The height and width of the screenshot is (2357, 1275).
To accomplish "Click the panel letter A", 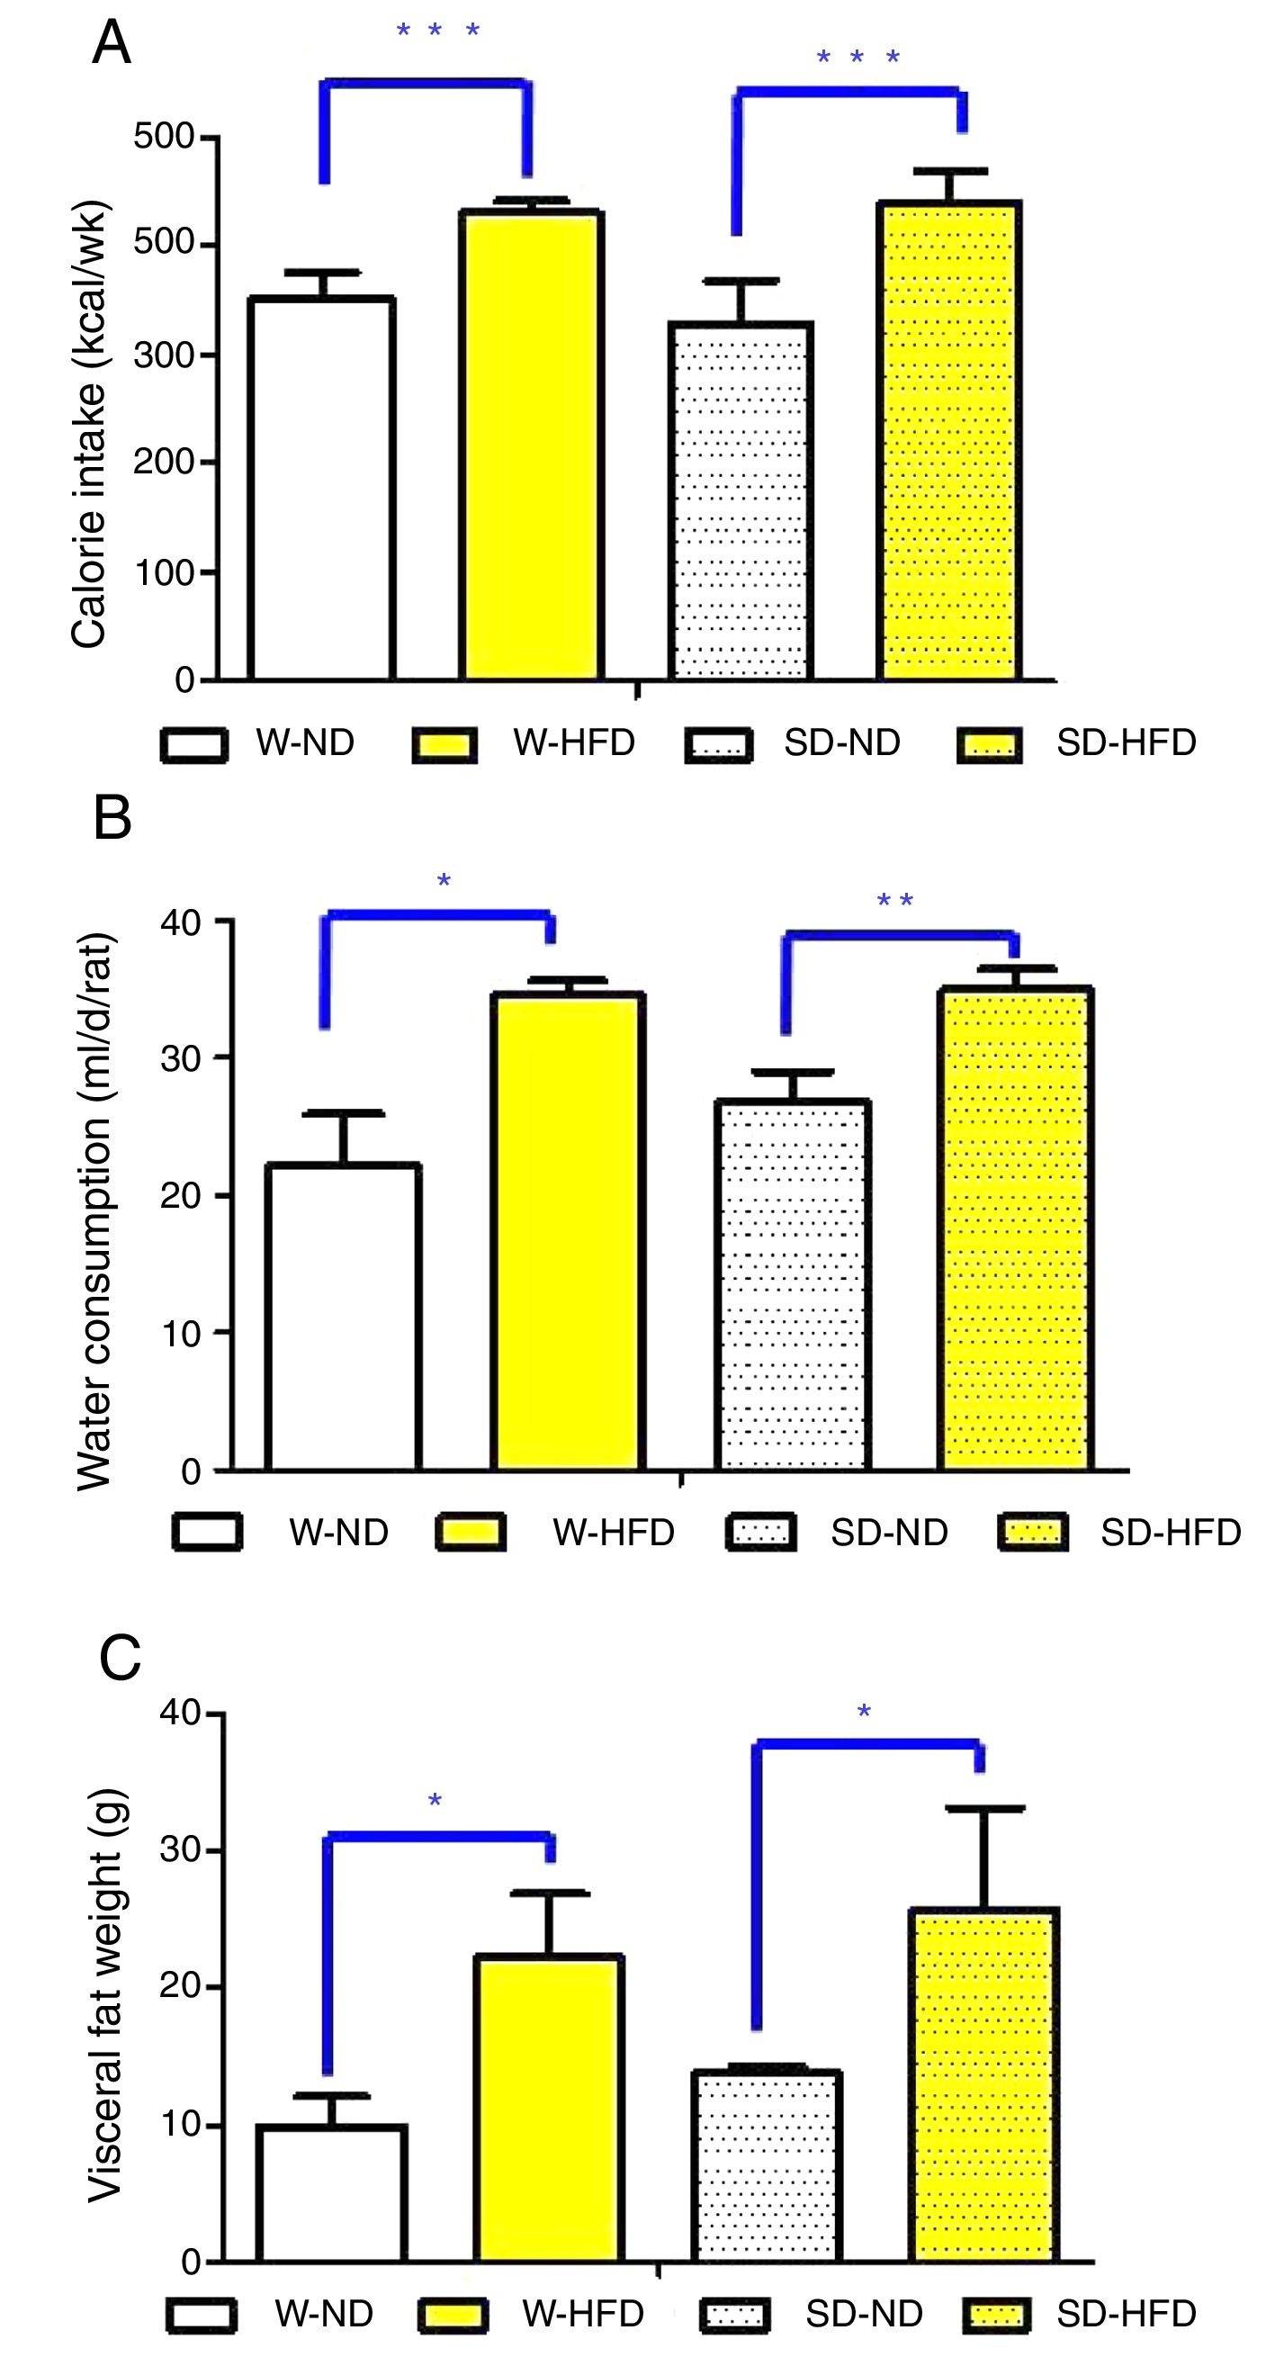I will click(112, 43).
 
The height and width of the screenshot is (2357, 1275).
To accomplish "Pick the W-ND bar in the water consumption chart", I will click(343, 1317).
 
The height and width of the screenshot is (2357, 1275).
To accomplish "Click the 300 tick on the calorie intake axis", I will click(164, 355).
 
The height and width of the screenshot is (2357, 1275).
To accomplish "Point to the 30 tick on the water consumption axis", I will click(179, 1058).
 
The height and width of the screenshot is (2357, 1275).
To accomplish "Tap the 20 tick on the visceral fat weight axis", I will click(179, 1988).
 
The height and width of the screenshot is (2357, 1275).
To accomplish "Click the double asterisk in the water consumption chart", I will click(894, 902).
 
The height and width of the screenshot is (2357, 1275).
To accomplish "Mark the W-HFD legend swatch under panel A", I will click(444, 745).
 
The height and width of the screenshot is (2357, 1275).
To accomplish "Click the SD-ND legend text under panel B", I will click(888, 1532).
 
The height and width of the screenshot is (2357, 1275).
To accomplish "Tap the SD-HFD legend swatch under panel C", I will click(997, 2314).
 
